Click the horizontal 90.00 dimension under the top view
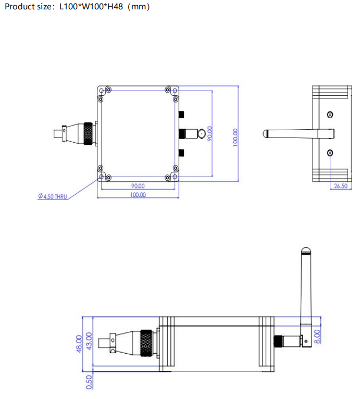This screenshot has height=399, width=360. point(138,186)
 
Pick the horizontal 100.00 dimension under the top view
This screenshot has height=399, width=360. point(138,195)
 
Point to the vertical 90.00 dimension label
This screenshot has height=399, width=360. point(210,134)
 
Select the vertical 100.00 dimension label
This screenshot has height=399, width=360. point(235,137)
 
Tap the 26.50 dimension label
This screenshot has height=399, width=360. point(340,186)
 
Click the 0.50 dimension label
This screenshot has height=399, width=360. point(89,381)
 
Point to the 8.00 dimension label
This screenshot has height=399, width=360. point(318,335)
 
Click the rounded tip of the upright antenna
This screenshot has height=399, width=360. point(305,252)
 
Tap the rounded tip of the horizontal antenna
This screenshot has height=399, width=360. point(266,134)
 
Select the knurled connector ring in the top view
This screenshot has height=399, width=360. point(89,134)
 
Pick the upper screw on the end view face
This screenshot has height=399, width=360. point(330,115)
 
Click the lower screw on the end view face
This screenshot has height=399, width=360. point(330,153)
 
